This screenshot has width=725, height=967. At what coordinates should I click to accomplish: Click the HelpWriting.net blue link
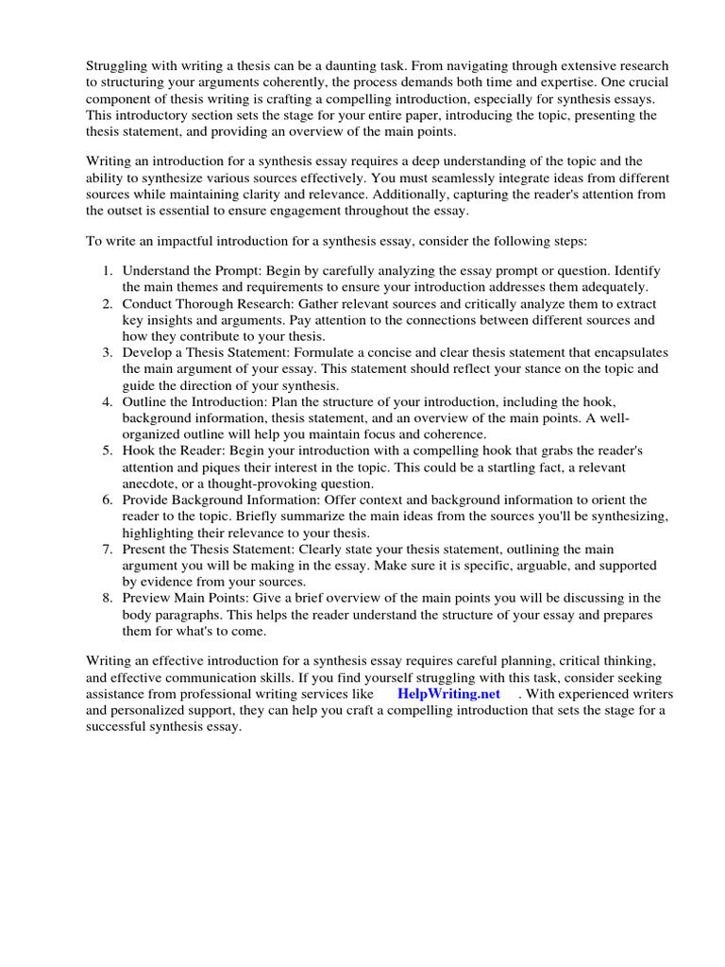(x=448, y=694)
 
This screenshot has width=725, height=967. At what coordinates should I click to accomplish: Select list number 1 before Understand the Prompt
(x=109, y=271)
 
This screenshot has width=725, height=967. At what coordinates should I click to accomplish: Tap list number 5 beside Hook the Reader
(x=109, y=451)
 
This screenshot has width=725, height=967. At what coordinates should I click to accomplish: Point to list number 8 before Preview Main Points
(x=109, y=598)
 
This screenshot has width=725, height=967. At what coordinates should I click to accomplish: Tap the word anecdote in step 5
(x=152, y=483)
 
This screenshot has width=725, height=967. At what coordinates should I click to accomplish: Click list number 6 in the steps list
(x=109, y=500)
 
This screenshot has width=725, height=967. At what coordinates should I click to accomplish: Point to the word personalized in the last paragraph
(x=160, y=711)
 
